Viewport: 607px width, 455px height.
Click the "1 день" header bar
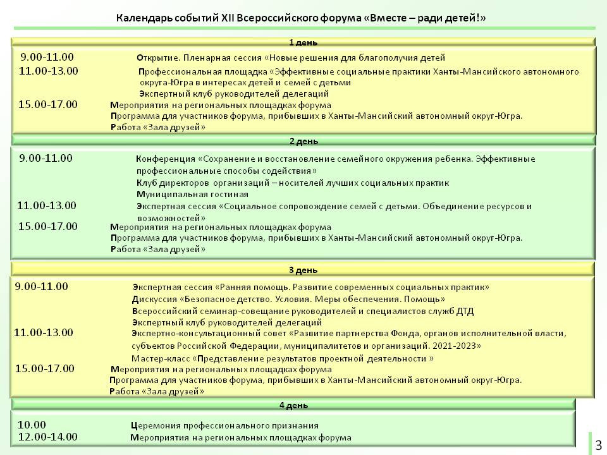point(303,42)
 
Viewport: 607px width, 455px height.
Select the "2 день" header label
point(303,140)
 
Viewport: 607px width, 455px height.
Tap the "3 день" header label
point(303,270)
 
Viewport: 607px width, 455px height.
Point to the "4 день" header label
point(294,404)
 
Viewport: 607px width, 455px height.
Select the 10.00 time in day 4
point(32,425)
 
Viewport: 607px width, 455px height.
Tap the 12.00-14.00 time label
point(48,437)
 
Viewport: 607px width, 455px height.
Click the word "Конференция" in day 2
point(165,159)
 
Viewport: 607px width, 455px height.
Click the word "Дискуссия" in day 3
point(154,299)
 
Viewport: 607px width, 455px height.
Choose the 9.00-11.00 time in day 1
point(47,56)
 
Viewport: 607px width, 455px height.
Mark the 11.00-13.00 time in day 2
point(47,205)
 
